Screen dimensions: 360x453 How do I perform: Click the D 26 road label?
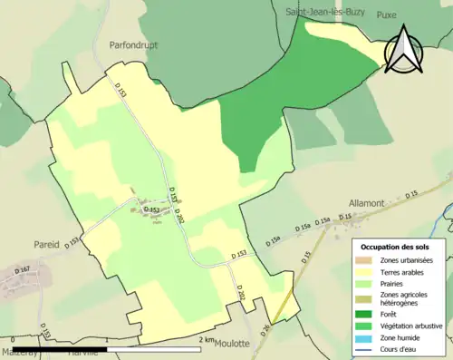pyautogui.click(x=266, y=329)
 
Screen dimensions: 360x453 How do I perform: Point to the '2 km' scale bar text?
pyautogui.click(x=208, y=340)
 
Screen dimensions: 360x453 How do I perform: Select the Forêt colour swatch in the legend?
pyautogui.click(x=365, y=314)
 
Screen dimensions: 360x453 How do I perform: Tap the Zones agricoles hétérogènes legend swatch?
pyautogui.click(x=365, y=297)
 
